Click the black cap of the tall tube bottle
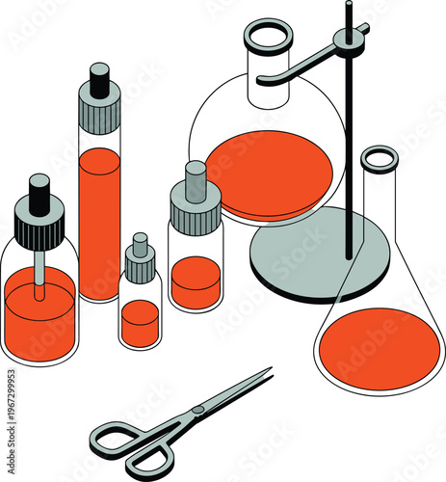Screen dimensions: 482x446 coord(99,74)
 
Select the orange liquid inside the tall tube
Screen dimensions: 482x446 coord(99,222)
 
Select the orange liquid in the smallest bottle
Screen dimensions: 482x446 coord(141,323)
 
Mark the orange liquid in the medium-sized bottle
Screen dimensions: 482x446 coord(196,281)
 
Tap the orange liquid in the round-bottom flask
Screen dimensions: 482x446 coord(270,174)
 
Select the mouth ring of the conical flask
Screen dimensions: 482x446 coord(380,158)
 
